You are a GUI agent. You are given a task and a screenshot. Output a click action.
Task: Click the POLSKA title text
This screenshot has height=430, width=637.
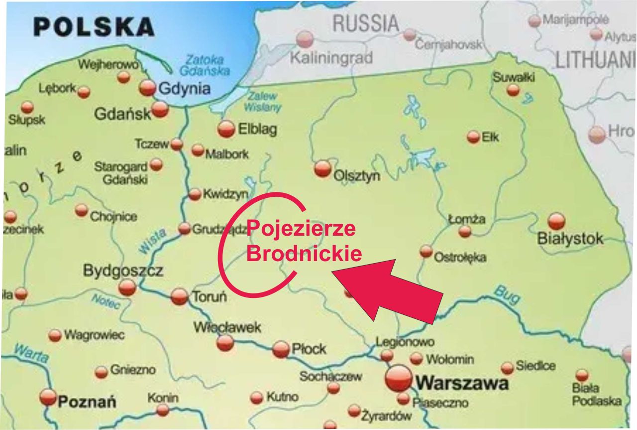point(94,27)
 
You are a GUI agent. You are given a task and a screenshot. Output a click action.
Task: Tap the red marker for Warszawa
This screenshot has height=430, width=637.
point(399,379)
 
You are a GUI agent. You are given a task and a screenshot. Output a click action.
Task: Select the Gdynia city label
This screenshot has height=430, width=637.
point(184,89)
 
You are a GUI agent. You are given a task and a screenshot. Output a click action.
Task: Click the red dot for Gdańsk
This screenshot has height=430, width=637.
point(160,109)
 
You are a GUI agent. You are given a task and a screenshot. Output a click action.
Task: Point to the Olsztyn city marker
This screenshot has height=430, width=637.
point(322,168)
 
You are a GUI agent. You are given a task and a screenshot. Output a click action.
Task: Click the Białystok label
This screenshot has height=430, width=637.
point(570,239)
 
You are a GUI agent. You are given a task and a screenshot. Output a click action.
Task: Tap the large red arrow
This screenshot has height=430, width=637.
point(393,291)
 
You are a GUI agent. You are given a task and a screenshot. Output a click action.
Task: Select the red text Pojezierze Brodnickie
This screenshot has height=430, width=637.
point(303,241)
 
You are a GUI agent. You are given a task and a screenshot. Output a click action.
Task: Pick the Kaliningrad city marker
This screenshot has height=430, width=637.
point(305,39)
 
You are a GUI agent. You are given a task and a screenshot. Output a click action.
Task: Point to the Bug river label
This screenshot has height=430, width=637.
point(507,294)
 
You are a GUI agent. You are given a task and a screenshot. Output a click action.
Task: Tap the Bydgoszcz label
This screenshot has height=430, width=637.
point(123,271)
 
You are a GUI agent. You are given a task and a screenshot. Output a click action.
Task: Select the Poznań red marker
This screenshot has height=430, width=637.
point(48,397)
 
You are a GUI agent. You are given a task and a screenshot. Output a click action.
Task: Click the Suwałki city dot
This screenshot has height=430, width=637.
point(513,90)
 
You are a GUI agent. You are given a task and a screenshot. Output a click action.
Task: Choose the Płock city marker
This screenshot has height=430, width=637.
point(281,349)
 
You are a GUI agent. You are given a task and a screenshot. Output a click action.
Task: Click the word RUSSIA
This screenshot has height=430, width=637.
point(365,23)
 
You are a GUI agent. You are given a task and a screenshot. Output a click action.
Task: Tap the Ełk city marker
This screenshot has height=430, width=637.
point(473,137)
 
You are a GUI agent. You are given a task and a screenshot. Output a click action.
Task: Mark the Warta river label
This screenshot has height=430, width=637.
point(31,353)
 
